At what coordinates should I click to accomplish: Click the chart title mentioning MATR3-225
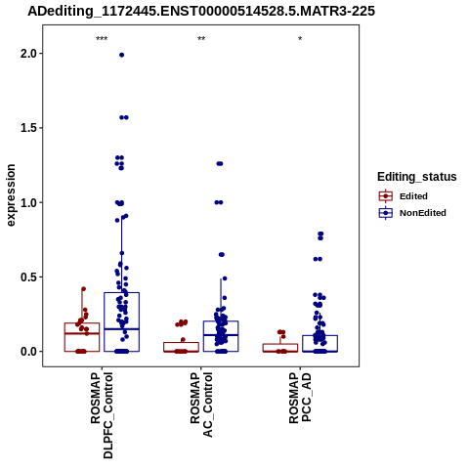[201, 11]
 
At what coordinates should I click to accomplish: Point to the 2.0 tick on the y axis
[29, 54]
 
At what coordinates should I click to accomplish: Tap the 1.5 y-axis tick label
[29, 128]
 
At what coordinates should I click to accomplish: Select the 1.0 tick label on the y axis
[29, 202]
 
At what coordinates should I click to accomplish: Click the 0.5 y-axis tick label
[29, 277]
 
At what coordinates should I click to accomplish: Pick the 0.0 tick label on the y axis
[29, 352]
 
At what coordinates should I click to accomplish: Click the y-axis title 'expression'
[11, 195]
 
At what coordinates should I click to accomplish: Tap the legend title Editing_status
[417, 177]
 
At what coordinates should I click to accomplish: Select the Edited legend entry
[404, 196]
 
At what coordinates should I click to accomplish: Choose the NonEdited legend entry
[412, 213]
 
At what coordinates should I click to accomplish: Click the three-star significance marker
[102, 39]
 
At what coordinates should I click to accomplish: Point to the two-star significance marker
[201, 39]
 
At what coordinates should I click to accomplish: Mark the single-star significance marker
[300, 39]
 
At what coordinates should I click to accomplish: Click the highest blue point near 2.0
[121, 55]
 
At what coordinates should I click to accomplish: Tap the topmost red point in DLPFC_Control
[83, 289]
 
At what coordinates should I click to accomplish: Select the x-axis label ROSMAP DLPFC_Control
[102, 415]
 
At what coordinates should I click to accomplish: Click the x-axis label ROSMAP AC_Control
[201, 405]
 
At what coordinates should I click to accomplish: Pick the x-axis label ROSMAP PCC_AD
[300, 398]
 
